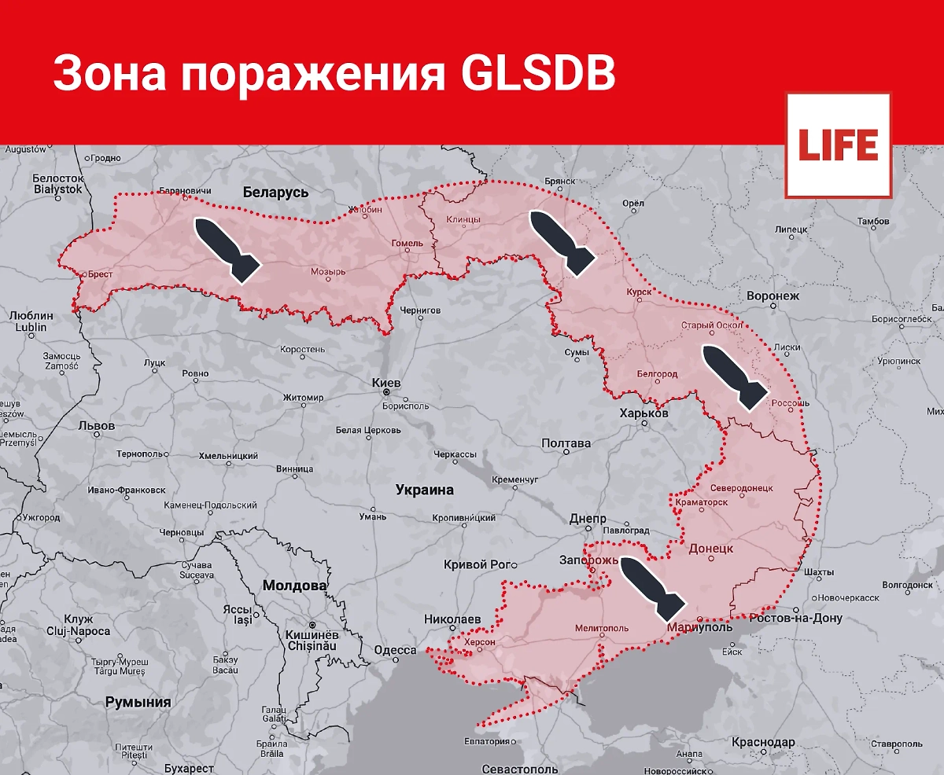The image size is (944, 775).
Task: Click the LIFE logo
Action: [838, 145]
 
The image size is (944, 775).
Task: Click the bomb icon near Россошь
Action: [735, 376]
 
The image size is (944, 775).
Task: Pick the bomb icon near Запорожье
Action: [652, 586]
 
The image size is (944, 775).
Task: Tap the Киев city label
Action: [386, 383]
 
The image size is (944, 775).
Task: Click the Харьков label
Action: [643, 413]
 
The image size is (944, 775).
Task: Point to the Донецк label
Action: [710, 548]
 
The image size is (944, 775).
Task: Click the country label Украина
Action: [424, 490]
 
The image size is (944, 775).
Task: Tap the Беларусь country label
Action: [276, 192]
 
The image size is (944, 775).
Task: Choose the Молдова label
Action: [294, 586]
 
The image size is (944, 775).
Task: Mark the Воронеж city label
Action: [773, 296]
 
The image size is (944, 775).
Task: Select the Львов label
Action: [97, 426]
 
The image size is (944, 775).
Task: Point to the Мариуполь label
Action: [699, 627]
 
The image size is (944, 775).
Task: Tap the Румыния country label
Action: [138, 702]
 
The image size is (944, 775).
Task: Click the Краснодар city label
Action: [763, 743]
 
